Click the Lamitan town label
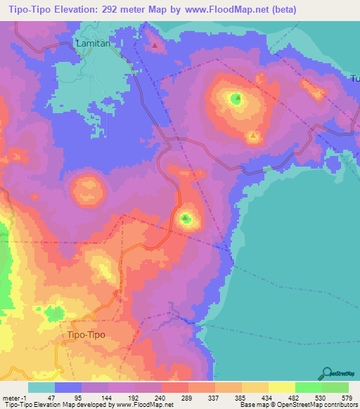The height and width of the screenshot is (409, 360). [94, 44]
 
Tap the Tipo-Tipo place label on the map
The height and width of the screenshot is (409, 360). [86, 335]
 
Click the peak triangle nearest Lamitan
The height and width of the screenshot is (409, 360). [155, 46]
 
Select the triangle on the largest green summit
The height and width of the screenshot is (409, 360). [237, 98]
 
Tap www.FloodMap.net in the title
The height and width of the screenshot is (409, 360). [219, 10]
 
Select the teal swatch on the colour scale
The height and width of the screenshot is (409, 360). [41, 387]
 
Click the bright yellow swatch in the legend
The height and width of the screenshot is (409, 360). [281, 387]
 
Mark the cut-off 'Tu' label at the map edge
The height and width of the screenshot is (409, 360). [355, 79]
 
